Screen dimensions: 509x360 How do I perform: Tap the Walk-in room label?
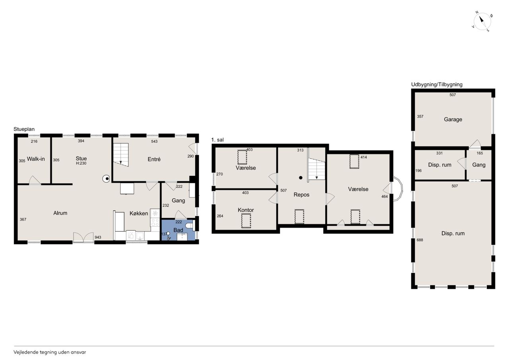(36, 159)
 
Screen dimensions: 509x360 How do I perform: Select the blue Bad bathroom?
(178, 230)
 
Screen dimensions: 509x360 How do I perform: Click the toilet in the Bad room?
(189, 226)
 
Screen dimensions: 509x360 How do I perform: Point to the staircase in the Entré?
(121, 155)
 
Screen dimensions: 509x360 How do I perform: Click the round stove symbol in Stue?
(106, 179)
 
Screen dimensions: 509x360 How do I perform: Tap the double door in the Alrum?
(84, 237)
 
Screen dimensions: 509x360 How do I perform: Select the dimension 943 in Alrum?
(98, 237)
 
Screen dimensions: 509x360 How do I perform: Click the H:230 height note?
(81, 163)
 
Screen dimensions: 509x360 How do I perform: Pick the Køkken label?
(139, 213)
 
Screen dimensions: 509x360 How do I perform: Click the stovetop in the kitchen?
(155, 222)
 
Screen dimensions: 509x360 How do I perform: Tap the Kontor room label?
(246, 210)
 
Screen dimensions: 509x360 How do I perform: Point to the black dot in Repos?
(301, 178)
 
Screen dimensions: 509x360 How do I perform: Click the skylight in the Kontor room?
(246, 220)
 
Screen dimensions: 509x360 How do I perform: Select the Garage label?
(453, 119)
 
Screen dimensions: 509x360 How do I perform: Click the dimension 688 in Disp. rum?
(420, 240)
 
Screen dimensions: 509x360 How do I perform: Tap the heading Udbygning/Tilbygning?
(437, 85)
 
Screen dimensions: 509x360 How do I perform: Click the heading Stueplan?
(24, 129)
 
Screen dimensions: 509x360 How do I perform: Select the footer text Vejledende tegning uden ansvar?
(50, 352)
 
